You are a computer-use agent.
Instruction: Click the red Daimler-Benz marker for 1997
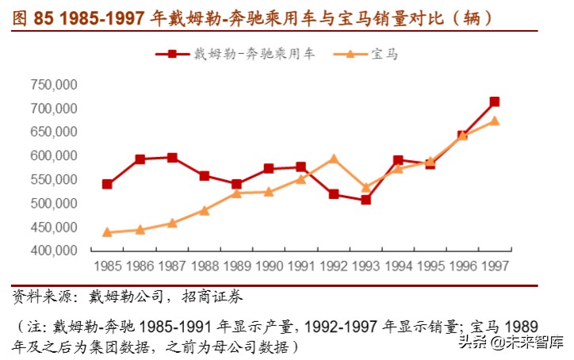point(494,101)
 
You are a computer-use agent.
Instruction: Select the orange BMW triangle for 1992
point(333,159)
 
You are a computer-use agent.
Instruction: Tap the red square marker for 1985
point(107,185)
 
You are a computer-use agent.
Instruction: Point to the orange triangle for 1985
point(107,232)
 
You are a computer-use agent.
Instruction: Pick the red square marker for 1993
point(365,200)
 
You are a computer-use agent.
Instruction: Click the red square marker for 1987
point(172,158)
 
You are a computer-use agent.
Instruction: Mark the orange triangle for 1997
point(494,121)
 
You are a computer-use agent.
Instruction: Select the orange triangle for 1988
point(204,210)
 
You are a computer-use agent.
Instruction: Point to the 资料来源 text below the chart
point(37,298)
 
